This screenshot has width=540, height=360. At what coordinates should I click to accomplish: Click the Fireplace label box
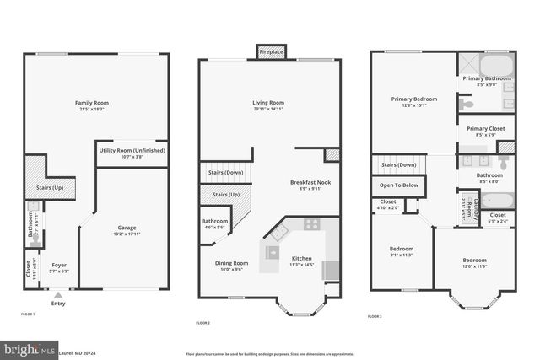pos(271,52)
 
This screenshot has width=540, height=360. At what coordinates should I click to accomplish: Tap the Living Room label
pos(268,103)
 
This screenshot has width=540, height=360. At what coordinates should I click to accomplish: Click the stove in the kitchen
pos(311,224)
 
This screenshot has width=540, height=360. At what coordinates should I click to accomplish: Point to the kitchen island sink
pos(273,251)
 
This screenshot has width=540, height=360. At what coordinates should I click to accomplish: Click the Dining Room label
pos(230,263)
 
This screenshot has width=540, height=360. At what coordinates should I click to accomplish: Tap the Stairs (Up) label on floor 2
pos(225,195)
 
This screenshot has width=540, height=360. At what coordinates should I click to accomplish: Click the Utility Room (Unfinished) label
pos(132,151)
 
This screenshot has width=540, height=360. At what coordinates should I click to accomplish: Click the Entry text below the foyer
pos(57,304)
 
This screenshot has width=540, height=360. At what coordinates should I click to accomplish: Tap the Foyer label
pos(58,266)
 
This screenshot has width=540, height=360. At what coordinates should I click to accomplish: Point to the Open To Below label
pos(399,185)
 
